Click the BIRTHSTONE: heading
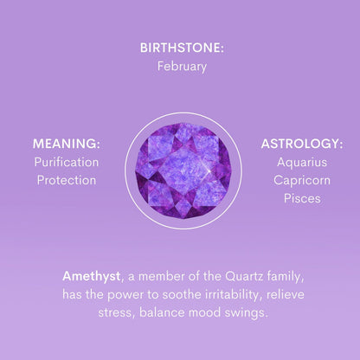pos(182,48)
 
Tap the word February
pos(182,66)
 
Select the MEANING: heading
pos(67,144)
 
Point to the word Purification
pos(67,162)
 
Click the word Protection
pos(67,180)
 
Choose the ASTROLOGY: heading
pos(302,144)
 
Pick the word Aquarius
pos(302,162)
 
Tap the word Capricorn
pos(302,180)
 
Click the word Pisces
pos(302,198)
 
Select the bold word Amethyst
pos(91,276)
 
